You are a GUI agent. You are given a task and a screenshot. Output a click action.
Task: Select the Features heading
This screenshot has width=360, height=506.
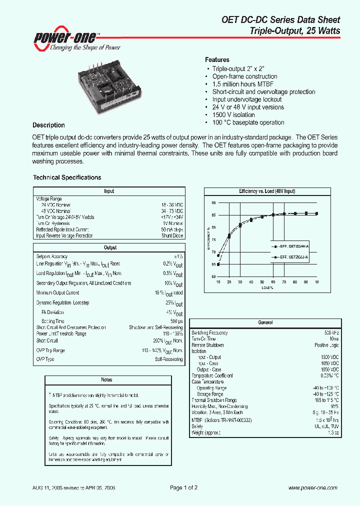click(x=217, y=59)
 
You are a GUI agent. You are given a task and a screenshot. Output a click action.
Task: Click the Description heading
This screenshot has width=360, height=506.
click(x=48, y=125)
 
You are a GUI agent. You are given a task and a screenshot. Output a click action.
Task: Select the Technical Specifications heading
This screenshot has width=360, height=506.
click(x=67, y=177)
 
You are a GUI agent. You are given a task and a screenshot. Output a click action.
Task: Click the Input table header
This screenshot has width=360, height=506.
click(x=109, y=191)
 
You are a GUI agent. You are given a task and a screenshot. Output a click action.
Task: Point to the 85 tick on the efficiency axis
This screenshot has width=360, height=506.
click(x=213, y=215)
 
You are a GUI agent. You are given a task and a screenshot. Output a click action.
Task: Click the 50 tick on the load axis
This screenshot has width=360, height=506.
click(x=262, y=282)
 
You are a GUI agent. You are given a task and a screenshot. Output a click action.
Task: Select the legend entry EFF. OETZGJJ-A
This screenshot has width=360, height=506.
click(x=291, y=256)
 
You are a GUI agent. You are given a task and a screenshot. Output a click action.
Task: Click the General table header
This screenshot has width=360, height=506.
click(x=265, y=323)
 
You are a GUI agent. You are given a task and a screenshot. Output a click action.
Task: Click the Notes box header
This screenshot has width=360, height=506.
click(x=106, y=380)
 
